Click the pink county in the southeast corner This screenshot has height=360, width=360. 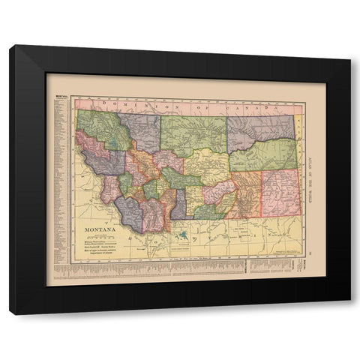[x=280, y=191]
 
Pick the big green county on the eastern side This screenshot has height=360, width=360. [x=262, y=155]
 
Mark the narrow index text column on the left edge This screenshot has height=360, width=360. [x=60, y=180]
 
